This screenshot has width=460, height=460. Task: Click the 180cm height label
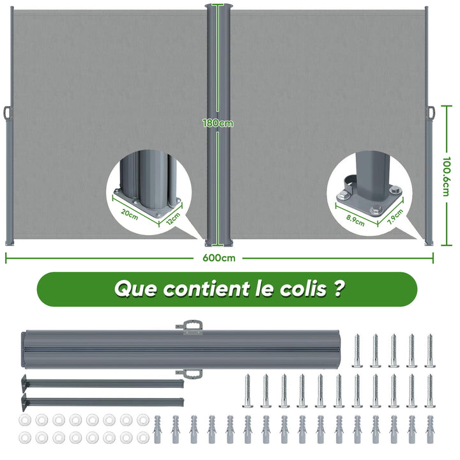click(x=218, y=123)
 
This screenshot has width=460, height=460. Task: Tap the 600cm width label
click(x=219, y=258)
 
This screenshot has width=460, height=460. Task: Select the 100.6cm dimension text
click(x=446, y=176)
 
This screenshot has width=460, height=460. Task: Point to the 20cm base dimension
click(x=129, y=214)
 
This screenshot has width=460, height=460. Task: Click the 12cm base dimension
click(x=173, y=218)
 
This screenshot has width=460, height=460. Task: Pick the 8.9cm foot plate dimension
click(x=355, y=220)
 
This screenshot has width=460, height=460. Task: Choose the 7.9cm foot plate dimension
click(x=395, y=217)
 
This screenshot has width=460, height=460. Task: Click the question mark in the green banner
click(x=339, y=289)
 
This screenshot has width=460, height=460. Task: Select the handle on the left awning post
click(x=8, y=112)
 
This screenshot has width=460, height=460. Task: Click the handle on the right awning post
click(x=431, y=113)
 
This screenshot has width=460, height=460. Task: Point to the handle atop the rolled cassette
click(x=190, y=327)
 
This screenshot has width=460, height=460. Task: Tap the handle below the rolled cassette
click(x=190, y=374)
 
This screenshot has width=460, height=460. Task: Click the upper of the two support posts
click(x=102, y=383)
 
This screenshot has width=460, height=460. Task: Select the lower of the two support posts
click(x=102, y=402)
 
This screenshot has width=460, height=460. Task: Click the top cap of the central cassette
click(x=218, y=6)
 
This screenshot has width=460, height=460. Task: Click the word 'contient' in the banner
click(x=206, y=289)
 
